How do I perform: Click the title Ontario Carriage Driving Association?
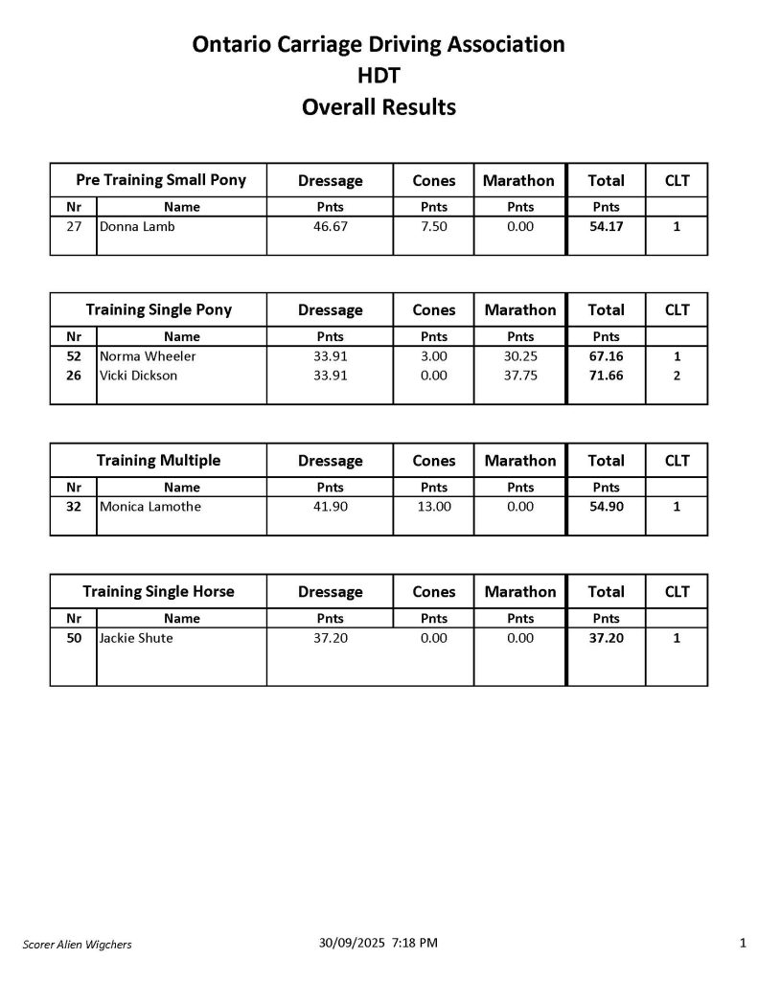click(x=379, y=44)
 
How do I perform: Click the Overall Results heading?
click(x=379, y=107)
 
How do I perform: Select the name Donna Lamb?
click(x=137, y=227)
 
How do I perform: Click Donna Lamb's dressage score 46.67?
click(x=331, y=227)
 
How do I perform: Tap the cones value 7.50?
click(x=434, y=227)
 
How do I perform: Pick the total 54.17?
click(x=606, y=227)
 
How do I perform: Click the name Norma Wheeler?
click(x=148, y=357)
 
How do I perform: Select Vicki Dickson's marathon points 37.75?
click(x=520, y=376)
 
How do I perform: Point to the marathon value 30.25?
click(x=520, y=357)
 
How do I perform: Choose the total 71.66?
click(x=606, y=376)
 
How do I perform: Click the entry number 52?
click(x=74, y=357)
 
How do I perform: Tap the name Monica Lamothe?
click(x=150, y=507)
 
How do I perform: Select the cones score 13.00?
click(x=434, y=507)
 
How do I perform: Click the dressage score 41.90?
click(x=331, y=507)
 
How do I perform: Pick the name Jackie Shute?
click(x=136, y=638)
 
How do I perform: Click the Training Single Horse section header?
click(x=158, y=591)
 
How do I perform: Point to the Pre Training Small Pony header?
click(x=161, y=180)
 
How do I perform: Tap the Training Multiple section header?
click(x=158, y=461)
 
